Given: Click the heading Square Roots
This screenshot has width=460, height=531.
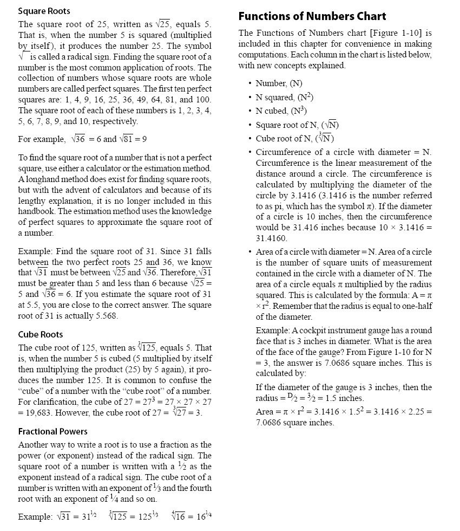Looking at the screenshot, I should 44,11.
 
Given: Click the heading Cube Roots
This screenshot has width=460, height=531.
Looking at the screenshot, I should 41,334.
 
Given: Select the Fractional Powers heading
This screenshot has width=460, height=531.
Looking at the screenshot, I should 52,431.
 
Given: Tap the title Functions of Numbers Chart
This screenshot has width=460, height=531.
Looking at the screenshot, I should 312,16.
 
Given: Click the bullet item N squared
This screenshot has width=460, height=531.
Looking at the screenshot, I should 285,97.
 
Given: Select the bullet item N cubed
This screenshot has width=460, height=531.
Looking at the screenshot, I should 281,111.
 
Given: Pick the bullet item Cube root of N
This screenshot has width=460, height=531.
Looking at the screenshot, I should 294,138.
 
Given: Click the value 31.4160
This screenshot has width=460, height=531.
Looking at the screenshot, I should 272,238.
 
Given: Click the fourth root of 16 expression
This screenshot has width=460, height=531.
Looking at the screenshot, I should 178,515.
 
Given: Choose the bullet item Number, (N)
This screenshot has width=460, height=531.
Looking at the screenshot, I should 279,83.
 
